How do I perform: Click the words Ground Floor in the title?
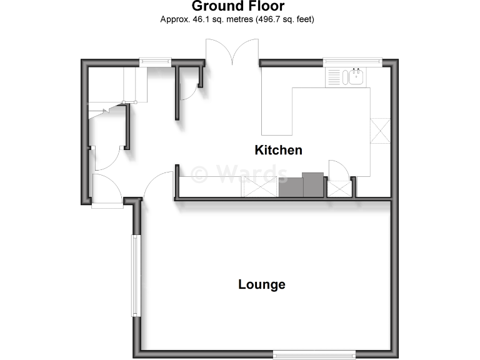pos(237,7)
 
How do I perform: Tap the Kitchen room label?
pos(278,150)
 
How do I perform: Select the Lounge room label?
pos(262,285)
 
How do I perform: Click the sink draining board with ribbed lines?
pos(334,77)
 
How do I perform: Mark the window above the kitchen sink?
pos(352,61)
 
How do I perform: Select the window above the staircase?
pos(155,61)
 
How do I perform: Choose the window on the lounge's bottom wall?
pos(314,354)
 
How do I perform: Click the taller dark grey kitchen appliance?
pos(313,184)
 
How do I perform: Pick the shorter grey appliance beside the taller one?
pos(291,187)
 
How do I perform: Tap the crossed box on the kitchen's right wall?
pos(379,131)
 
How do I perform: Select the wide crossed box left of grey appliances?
pos(259,187)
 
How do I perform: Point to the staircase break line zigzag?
pos(100,112)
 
